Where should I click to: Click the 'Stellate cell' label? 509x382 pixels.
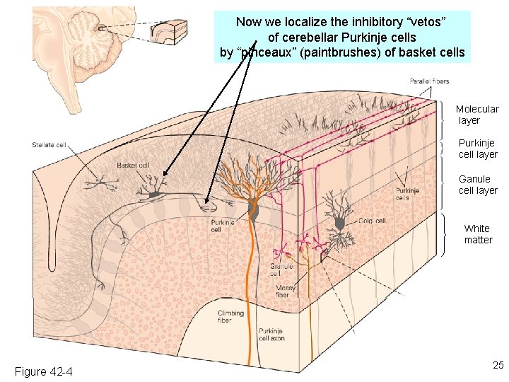coord(49,145)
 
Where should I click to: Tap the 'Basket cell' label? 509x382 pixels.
coord(133,165)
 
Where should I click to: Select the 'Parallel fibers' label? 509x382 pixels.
coord(429,81)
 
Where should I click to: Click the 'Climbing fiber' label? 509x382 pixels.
coord(230,316)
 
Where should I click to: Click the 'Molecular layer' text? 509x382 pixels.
coord(477,115)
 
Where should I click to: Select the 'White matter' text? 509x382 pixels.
coord(478,234)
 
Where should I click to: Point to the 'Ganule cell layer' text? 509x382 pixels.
coord(478,185)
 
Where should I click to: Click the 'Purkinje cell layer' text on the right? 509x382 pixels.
coord(478,149)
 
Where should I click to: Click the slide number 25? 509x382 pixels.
coord(498,365)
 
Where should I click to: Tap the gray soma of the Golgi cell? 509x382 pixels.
coord(339,224)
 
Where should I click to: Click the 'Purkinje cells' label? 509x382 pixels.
coord(406,194)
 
